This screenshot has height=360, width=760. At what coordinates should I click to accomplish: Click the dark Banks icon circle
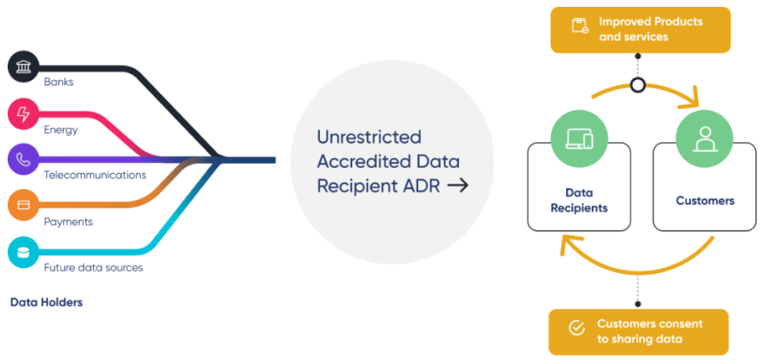[22, 67]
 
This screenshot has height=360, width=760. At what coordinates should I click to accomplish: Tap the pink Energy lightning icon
[22, 114]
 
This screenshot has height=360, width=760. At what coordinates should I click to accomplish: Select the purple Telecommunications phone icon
[22, 160]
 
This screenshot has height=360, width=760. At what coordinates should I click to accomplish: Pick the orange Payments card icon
[23, 206]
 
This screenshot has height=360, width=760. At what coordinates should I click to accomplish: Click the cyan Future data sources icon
[23, 253]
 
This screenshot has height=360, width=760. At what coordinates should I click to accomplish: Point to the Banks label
[59, 83]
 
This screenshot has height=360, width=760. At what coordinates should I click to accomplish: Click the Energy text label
[61, 131]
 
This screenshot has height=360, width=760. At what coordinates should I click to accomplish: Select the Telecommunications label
[95, 176]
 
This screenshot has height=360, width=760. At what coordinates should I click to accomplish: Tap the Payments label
[68, 222]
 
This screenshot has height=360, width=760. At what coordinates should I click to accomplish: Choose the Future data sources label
[93, 268]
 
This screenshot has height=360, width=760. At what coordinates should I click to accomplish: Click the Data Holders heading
[46, 302]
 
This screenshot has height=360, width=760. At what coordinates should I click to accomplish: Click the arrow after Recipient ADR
[458, 185]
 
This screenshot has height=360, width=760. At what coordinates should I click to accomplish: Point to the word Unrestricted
[368, 137]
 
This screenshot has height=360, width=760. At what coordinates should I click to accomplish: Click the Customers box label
[705, 201]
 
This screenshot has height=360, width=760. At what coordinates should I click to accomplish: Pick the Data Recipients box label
[578, 200]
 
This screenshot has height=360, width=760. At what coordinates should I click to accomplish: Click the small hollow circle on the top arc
[637, 85]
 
